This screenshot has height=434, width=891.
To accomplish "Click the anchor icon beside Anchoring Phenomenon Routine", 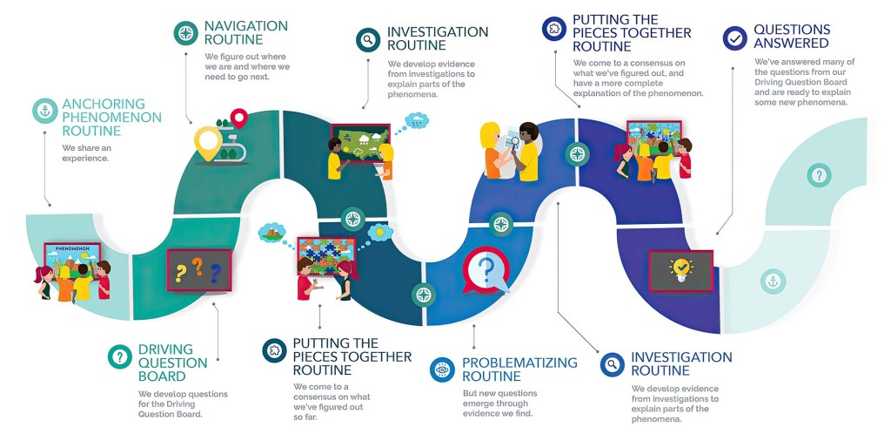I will (44, 112).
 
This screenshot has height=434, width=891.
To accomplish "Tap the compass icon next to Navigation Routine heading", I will (184, 34).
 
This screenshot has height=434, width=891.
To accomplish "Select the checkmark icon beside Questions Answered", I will (735, 38).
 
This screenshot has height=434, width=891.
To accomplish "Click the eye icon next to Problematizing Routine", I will (443, 370).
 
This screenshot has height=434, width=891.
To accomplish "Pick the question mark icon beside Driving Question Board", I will (119, 356).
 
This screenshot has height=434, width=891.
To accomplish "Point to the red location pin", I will (238, 119).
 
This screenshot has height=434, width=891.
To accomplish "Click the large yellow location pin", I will (206, 144).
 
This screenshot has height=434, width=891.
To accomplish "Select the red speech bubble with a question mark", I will (486, 270).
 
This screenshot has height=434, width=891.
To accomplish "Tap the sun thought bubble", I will (379, 233).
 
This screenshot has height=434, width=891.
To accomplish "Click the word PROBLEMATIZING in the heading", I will (507, 363).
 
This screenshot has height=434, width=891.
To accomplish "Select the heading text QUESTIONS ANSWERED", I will (792, 37).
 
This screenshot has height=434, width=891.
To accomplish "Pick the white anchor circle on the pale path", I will (770, 281).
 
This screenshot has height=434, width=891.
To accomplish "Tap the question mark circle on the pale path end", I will (818, 176).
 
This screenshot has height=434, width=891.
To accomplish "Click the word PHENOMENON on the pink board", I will (72, 249).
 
